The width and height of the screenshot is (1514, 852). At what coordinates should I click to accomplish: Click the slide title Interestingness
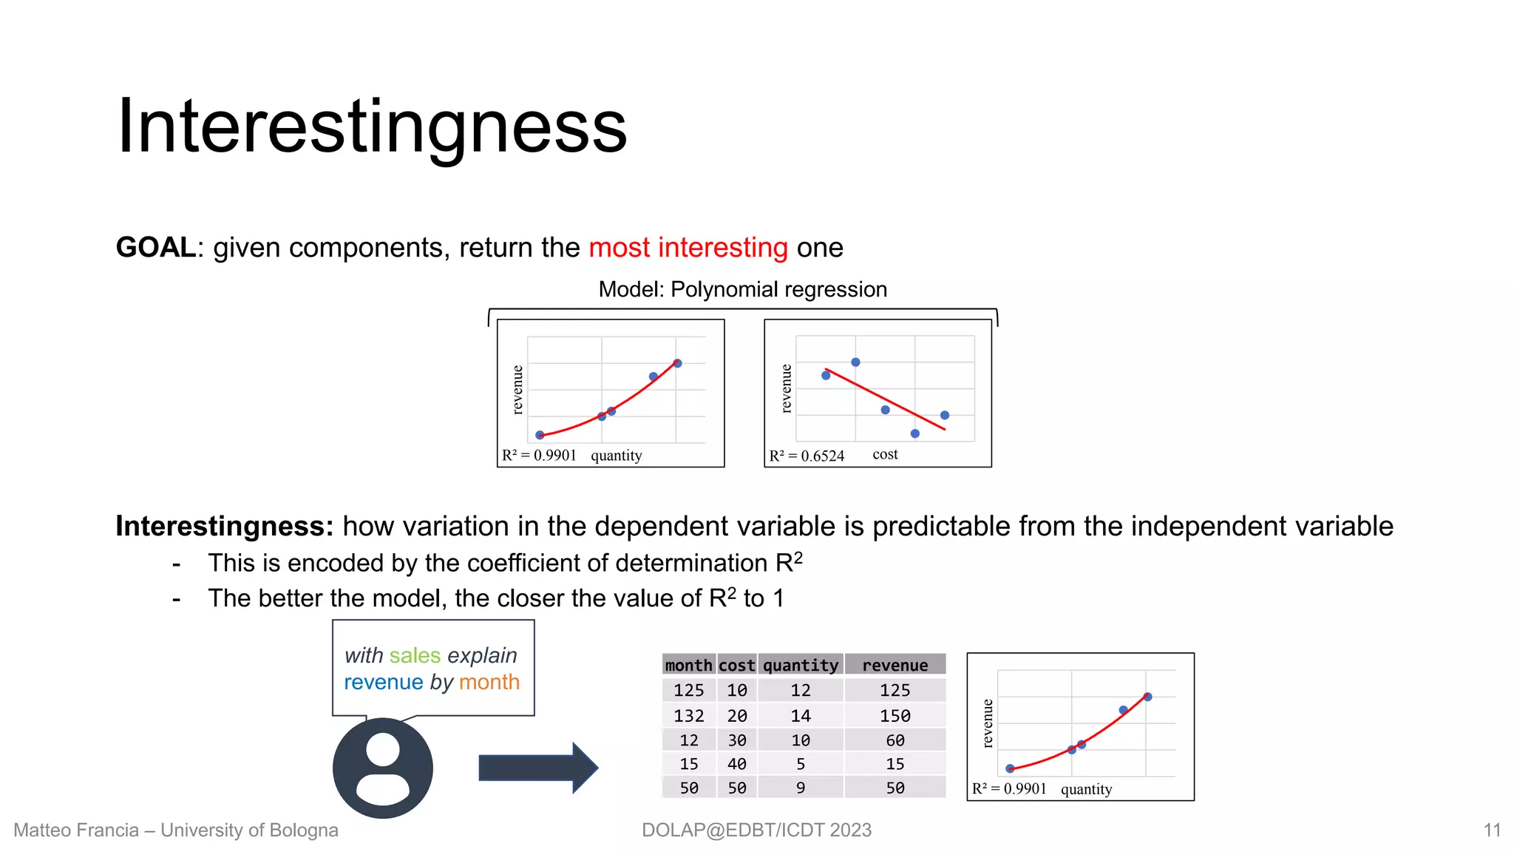click(372, 127)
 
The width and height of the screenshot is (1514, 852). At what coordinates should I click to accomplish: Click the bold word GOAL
click(156, 248)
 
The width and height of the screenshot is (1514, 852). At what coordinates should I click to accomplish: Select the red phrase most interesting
click(688, 248)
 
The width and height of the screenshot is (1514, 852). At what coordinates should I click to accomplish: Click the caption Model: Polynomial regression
click(742, 289)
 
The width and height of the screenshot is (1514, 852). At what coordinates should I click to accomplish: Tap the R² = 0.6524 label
click(807, 456)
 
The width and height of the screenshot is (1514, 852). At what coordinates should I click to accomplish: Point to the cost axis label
click(885, 454)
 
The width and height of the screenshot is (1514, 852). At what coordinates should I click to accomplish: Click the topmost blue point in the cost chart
click(855, 362)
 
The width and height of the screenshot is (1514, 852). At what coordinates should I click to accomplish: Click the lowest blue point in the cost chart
click(914, 433)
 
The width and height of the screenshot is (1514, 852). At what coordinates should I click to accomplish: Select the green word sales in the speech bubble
click(415, 655)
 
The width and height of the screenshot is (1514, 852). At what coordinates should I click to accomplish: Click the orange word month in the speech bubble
click(489, 682)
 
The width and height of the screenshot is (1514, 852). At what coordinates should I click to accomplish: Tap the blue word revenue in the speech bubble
click(384, 682)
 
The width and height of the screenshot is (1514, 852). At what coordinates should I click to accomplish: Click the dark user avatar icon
click(382, 768)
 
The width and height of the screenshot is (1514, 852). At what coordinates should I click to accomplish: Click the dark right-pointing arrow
click(537, 768)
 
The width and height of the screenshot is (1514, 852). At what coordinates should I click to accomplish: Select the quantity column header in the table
click(801, 665)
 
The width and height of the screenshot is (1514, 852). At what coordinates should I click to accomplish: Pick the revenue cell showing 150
click(895, 716)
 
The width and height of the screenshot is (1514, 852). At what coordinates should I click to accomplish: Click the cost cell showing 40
click(736, 764)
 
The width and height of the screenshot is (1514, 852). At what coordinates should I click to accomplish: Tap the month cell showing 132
click(688, 716)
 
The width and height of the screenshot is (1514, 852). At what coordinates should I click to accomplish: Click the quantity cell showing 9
click(801, 788)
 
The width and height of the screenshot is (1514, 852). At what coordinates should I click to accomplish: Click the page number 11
click(1492, 830)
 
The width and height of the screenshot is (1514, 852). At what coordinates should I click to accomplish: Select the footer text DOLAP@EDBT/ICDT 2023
click(756, 830)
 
